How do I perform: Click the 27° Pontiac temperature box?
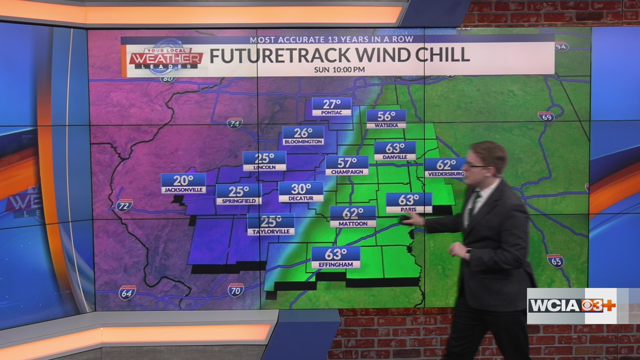(332, 107)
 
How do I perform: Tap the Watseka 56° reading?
(386, 119)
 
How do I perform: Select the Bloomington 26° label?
(303, 136)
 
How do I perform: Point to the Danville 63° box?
(395, 151)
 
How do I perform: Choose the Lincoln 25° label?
(264, 161)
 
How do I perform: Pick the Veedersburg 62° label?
(445, 168)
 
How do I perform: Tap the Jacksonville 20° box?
(183, 183)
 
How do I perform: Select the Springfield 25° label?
(239, 194)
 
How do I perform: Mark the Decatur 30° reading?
(301, 192)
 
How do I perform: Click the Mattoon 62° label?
(353, 216)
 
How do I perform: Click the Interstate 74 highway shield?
(235, 123)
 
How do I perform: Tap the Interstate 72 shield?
(124, 205)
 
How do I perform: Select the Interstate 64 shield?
(127, 293)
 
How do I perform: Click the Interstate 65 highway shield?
(555, 261)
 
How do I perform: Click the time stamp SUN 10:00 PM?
(339, 70)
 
